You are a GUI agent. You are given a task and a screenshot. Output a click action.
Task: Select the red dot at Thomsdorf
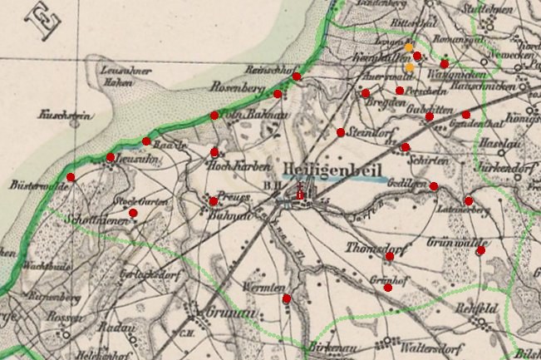click(x=390, y=256)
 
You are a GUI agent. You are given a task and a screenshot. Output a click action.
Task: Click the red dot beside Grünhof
click(x=388, y=288)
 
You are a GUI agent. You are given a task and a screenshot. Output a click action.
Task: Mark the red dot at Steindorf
click(x=341, y=132)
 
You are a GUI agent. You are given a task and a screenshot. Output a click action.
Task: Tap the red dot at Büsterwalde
click(x=71, y=177)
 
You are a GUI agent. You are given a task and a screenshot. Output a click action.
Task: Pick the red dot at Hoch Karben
click(x=215, y=152)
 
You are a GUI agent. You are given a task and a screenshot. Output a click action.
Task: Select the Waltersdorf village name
click(x=430, y=343)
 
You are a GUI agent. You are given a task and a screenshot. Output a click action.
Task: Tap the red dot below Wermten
click(x=287, y=298)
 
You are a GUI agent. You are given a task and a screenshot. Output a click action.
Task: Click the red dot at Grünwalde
click(x=480, y=250)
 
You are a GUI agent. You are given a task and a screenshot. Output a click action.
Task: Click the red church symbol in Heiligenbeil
click(x=301, y=194)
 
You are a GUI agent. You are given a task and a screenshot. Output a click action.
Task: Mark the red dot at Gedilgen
click(x=434, y=186)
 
